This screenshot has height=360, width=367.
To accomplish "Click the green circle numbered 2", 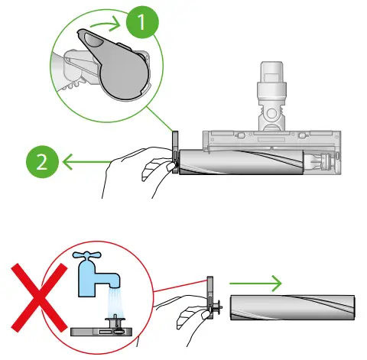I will (41, 161).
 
